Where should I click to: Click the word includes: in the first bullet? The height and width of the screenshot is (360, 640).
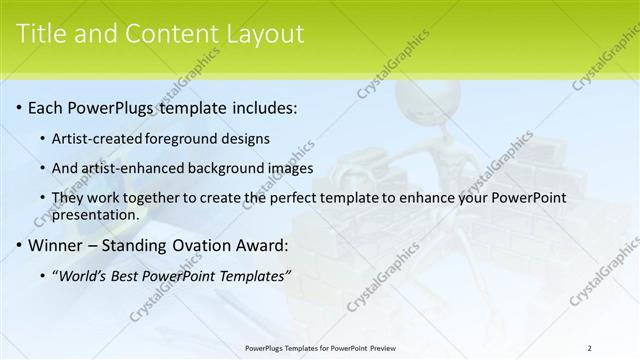point(261,107)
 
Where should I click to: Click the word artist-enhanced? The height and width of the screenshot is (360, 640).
point(127,168)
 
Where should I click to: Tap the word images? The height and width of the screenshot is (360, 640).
point(291,168)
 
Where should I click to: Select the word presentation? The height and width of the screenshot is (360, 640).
point(94,214)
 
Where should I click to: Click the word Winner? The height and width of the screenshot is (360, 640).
point(56,244)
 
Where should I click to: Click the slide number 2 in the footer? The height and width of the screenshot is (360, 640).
point(589,347)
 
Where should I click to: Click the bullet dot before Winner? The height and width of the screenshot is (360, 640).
point(18,245)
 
